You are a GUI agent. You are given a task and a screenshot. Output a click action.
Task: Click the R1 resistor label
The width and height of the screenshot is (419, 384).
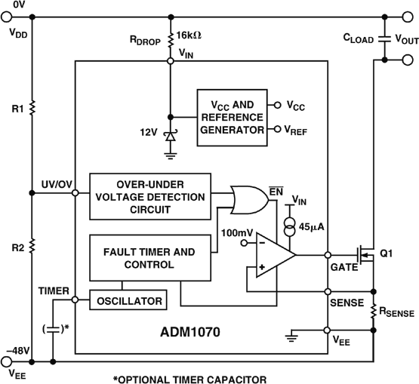pos(13,110)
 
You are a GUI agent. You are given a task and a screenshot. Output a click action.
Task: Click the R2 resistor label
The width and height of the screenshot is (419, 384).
pos(13,246)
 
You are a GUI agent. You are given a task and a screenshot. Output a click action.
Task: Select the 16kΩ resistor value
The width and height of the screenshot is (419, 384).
pos(189,35)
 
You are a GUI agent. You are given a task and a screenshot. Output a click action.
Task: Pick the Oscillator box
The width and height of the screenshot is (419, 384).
pos(128,300)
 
